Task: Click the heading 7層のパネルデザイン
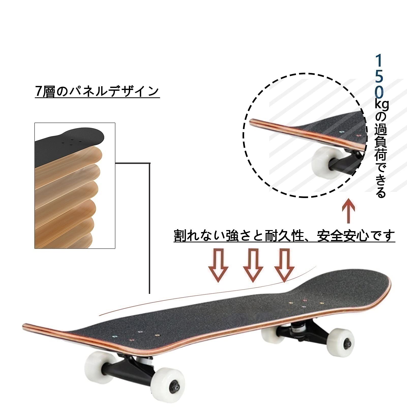(97, 92)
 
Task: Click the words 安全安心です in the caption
(356, 236)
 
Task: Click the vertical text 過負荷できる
(380, 155)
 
